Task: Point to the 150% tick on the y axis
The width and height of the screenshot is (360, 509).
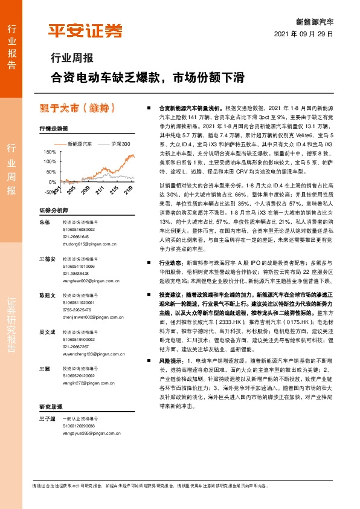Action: tap(50, 152)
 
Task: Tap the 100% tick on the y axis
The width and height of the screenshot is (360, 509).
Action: tap(50, 161)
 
